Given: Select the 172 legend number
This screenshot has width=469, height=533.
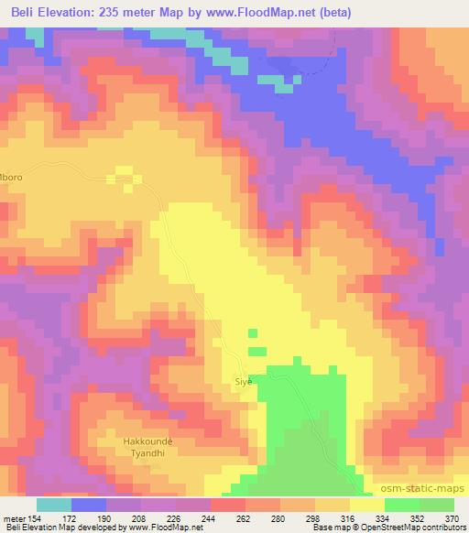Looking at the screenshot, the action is [71, 517].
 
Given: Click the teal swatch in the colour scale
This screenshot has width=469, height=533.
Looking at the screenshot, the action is [54, 505].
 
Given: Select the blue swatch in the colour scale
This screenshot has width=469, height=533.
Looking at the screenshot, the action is [89, 505].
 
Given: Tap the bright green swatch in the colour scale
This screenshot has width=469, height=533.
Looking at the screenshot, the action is [402, 505].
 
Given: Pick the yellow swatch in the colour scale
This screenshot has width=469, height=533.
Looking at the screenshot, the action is [367, 505].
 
